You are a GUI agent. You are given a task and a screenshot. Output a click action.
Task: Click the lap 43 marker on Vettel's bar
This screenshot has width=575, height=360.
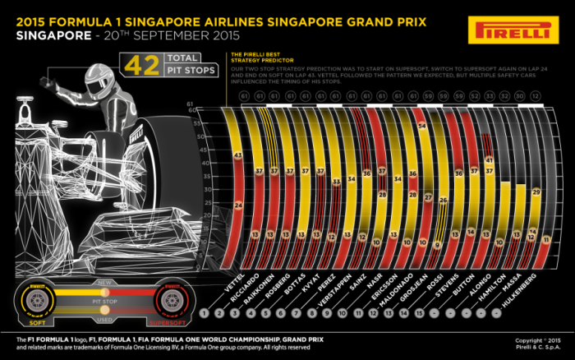coord(237,155)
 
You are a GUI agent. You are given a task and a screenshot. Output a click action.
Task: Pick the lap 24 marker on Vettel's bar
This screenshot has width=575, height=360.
coord(239,205)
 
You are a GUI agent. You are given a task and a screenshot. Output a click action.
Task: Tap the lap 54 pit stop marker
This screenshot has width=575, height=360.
coord(421,127)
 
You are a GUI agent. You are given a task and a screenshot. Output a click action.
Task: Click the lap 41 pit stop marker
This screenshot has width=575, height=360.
coord(488,159)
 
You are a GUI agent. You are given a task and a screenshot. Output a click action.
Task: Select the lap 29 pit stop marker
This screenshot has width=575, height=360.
coord(536,192)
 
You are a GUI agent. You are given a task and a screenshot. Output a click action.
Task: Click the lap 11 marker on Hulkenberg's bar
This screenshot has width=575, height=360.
coord(544,239)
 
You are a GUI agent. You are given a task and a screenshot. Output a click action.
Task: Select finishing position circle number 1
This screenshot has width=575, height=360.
coord(215,313)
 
